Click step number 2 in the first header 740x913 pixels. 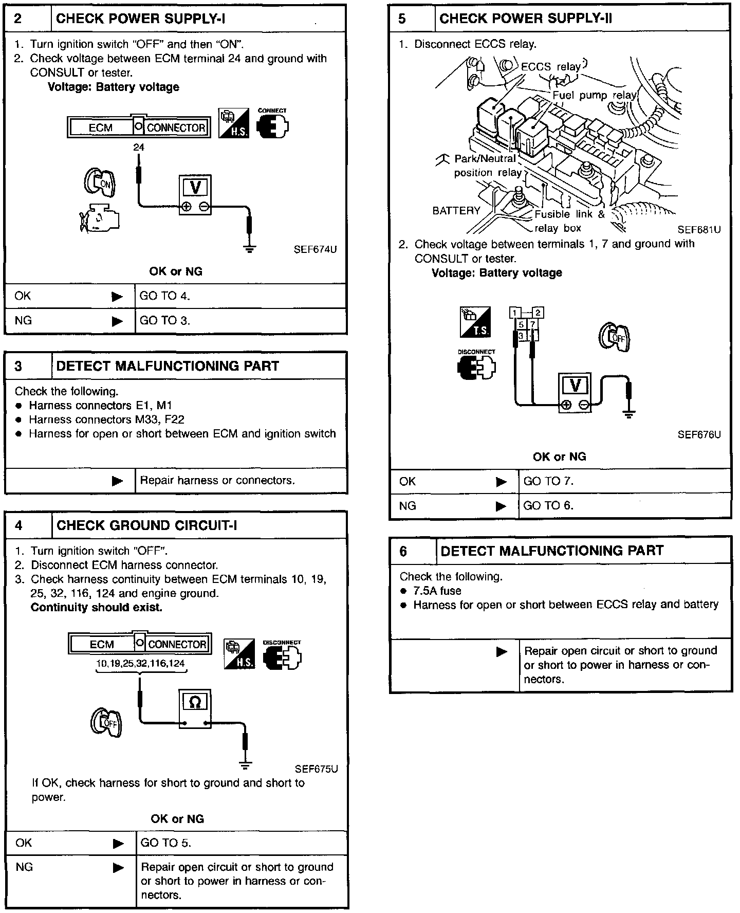[x=18, y=19]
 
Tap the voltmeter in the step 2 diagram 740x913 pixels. [x=195, y=195]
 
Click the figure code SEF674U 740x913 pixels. [x=315, y=250]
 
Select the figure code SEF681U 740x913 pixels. [x=699, y=230]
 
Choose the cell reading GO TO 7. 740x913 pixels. [x=548, y=481]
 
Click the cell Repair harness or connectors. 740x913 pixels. [x=217, y=481]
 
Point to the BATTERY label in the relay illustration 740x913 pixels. [x=456, y=211]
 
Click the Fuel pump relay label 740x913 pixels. [x=594, y=96]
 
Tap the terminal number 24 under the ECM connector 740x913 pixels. [x=139, y=148]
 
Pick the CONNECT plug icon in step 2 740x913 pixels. [x=272, y=124]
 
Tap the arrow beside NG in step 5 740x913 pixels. [x=501, y=506]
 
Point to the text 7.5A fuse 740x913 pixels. [x=437, y=591]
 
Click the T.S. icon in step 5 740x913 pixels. [x=475, y=322]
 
